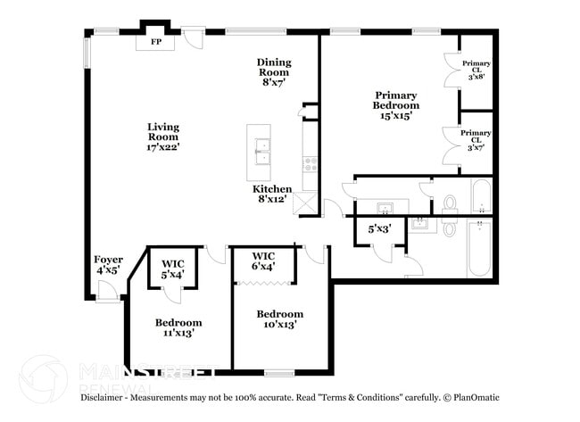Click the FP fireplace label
click(156, 42)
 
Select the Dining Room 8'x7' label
click(274, 71)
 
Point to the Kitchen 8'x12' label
click(272, 194)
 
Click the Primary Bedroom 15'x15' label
click(395, 104)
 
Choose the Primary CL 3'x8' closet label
click(476, 70)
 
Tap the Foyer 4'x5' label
click(108, 265)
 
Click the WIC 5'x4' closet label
click(173, 269)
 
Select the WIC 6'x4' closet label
click(263, 261)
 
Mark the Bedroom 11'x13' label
click(178, 327)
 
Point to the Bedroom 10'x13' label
click(279, 319)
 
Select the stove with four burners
click(311, 165)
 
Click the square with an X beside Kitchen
click(306, 203)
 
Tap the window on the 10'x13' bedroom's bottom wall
click(279, 373)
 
